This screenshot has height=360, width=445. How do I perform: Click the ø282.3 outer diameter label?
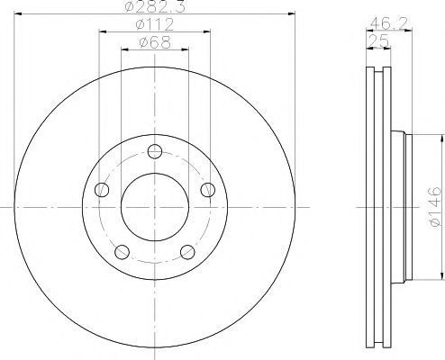tap(155, 6)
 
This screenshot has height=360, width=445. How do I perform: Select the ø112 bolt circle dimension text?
tap(155, 24)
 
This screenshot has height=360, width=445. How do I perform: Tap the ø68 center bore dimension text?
tap(155, 42)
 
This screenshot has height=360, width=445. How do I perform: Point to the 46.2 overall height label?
tap(388, 23)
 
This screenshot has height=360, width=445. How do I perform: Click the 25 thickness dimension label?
tap(379, 40)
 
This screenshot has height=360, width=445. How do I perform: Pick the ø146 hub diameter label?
tap(435, 206)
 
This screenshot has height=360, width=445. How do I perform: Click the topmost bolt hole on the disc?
tap(155, 151)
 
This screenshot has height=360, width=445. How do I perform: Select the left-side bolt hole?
tap(102, 190)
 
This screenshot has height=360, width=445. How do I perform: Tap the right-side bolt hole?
tap(208, 190)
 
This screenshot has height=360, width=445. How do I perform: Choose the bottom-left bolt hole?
tap(123, 252)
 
